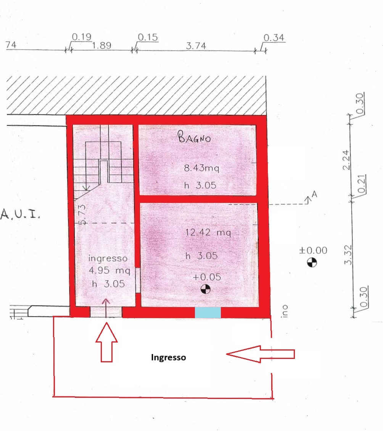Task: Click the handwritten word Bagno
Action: pos(195,138)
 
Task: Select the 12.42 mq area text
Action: pos(208,232)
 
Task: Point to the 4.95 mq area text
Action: pos(109,271)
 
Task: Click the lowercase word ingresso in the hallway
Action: pos(107,258)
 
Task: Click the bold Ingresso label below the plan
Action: pos(169,357)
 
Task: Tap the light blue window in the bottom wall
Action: pos(208,312)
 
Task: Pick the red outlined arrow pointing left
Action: pos(261,354)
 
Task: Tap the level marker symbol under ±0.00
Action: pos(312,262)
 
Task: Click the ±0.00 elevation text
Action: pos(313,251)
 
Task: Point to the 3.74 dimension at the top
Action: pos(196,46)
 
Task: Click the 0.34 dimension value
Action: pos(274,38)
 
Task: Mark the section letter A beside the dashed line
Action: pos(315,195)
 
